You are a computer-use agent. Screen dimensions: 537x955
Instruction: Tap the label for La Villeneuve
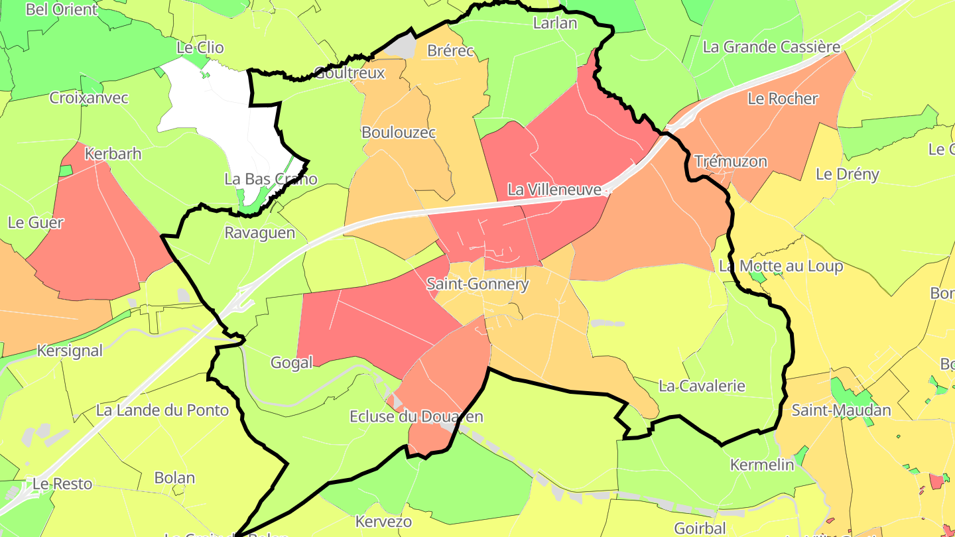tap(554, 190)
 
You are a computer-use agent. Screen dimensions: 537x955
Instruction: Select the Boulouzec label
tap(399, 133)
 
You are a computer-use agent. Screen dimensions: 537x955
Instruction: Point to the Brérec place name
tap(451, 50)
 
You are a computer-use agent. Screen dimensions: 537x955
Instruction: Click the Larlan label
tap(555, 23)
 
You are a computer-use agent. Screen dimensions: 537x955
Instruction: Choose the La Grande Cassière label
tap(771, 47)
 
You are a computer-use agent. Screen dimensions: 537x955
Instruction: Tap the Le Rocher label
tap(783, 99)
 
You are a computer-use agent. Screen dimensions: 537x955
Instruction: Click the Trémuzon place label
tap(731, 161)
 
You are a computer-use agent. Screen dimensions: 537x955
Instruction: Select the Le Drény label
tap(848, 174)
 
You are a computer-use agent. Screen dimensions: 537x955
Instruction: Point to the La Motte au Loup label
tap(781, 267)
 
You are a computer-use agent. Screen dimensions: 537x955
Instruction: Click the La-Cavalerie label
tap(702, 386)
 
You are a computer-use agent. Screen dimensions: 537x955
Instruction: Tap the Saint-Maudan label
tap(842, 410)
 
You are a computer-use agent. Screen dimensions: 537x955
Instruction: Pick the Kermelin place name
tap(762, 465)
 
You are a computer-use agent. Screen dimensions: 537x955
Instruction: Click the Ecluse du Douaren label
tap(416, 416)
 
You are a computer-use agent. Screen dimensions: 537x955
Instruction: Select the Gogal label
tap(292, 363)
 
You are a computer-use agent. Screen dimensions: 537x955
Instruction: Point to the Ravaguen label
tap(259, 233)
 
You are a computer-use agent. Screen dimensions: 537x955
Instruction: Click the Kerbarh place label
tap(113, 154)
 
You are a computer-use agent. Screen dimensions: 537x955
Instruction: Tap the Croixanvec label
tap(89, 98)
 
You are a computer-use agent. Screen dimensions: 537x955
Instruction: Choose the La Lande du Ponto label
tap(162, 410)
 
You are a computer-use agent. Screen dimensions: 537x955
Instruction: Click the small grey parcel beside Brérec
tap(401, 47)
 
